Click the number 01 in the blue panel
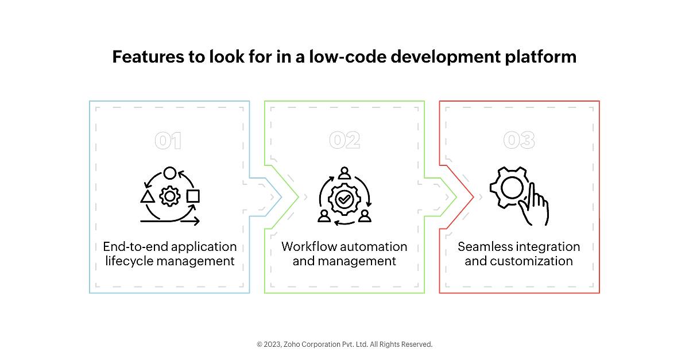click(x=168, y=141)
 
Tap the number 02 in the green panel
click(x=344, y=140)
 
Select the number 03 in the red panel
click(x=519, y=140)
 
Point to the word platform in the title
click(x=541, y=57)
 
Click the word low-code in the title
click(x=347, y=57)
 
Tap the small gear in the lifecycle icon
click(x=170, y=196)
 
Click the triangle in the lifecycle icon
click(x=148, y=196)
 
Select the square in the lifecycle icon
click(x=193, y=196)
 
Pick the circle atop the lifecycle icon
click(x=170, y=173)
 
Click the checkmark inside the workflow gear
click(x=344, y=199)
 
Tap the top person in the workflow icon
click(x=344, y=173)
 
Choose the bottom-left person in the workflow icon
click(x=324, y=216)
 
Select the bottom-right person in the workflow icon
click(x=365, y=216)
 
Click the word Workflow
click(x=308, y=247)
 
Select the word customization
click(x=531, y=261)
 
